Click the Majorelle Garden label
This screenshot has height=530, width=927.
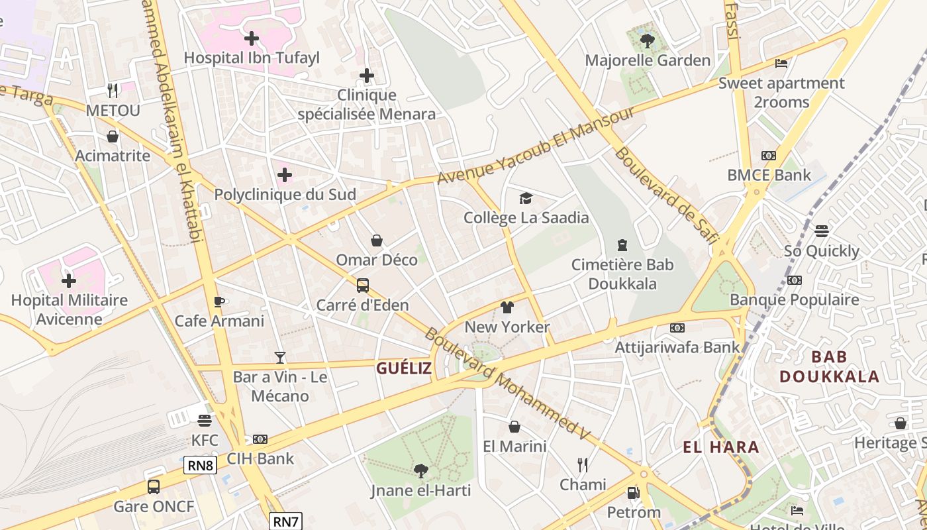pos(647,60)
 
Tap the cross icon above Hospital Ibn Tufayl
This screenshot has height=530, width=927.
pos(252,38)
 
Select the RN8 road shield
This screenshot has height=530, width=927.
pos(200,466)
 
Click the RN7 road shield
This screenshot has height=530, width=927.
pos(285,521)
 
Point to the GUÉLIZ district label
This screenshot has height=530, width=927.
pos(404,368)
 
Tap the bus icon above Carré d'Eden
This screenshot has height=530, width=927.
pos(363,286)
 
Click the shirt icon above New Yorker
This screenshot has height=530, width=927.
pos(507,307)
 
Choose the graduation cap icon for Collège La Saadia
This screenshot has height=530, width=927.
pos(526,198)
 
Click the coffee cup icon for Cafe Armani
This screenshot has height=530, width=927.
pos(219,301)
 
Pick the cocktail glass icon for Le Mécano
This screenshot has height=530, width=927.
pos(280,358)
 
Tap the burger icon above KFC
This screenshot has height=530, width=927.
pos(204,420)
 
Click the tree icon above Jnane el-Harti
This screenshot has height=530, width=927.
pos(420,471)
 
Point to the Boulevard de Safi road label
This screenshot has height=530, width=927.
pos(665,195)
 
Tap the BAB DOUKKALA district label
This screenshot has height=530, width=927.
pos(829,366)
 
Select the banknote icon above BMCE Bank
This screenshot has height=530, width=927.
pos(768,156)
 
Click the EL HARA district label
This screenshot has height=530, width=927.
pos(721,447)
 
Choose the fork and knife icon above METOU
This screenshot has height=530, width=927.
pos(113,90)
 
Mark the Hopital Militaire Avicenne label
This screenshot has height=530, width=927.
pos(70,309)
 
